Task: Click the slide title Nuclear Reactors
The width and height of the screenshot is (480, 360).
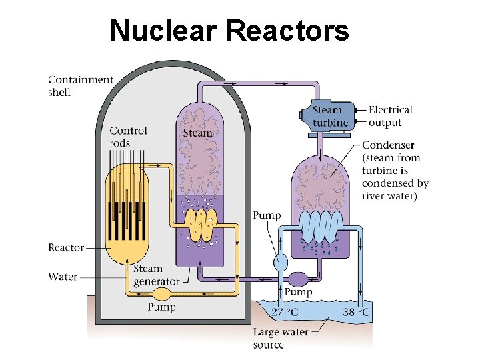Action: coord(229,31)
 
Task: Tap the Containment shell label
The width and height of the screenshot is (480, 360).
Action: coord(81,86)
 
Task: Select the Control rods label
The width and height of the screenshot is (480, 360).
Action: coord(128,137)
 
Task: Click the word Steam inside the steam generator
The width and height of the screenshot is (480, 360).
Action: coord(197,133)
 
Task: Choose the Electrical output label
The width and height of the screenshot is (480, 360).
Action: coord(390,116)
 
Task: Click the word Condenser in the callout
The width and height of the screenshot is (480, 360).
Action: coord(388,145)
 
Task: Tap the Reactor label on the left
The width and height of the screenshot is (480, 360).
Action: coord(66,247)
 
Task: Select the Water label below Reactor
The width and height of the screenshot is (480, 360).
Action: coord(63,276)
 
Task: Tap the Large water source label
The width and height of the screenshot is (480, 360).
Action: coord(281,338)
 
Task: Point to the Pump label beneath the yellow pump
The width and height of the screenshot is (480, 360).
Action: coord(162,307)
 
